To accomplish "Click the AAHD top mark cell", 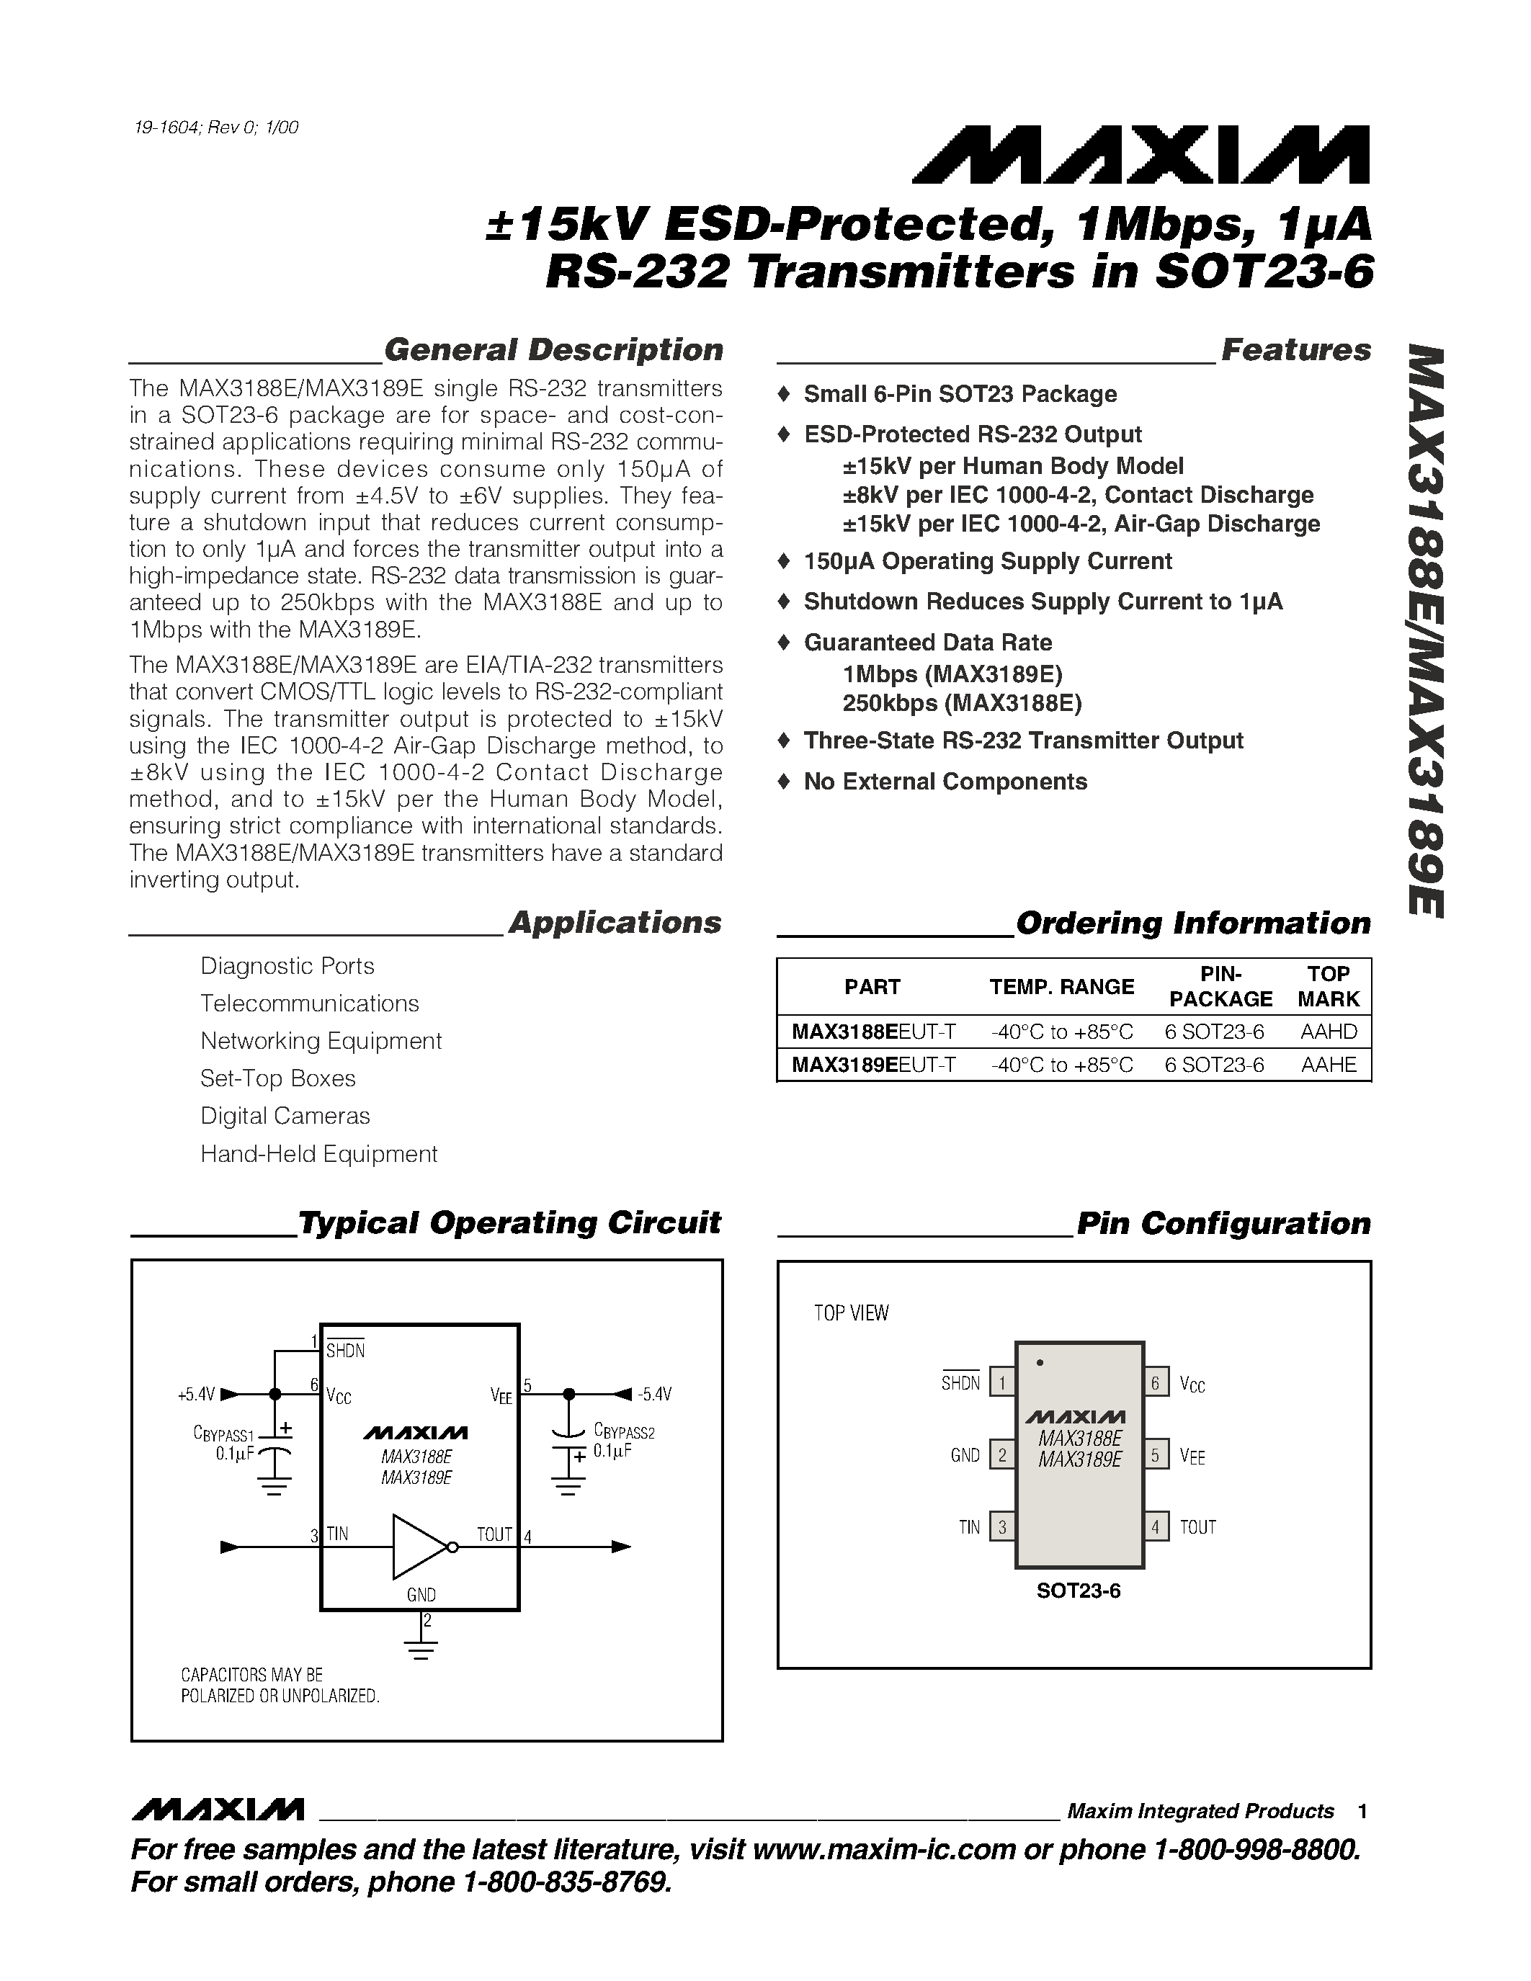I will (1328, 1032).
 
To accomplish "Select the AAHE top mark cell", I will (1328, 1065).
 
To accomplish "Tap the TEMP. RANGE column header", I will (1061, 987).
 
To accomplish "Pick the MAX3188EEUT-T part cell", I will (872, 1032).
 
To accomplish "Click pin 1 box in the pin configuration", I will (1001, 1383).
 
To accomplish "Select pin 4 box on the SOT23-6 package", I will (1156, 1526).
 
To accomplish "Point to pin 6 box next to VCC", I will (1156, 1383).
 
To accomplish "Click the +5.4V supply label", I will (196, 1394).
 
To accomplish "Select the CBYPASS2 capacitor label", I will (624, 1432).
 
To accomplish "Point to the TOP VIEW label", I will (851, 1313).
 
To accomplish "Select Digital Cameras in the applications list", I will (285, 1116).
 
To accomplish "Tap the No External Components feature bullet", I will (945, 781).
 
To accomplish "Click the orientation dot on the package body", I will (1040, 1362).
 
